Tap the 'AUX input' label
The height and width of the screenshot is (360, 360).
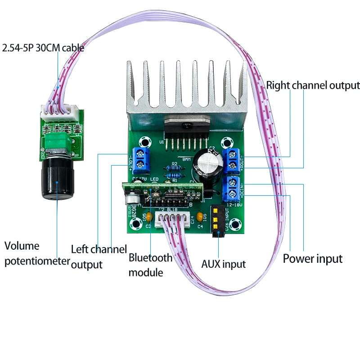pyautogui.click(x=223, y=264)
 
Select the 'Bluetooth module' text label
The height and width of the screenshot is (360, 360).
pyautogui.click(x=150, y=265)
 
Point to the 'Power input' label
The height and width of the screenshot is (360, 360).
pyautogui.click(x=313, y=259)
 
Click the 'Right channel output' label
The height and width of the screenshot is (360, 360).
pyautogui.click(x=313, y=85)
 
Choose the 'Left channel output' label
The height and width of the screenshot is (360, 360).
pyautogui.click(x=99, y=256)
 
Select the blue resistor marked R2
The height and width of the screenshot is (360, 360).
pyautogui.click(x=175, y=169)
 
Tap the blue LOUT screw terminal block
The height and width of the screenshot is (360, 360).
pyautogui.click(x=141, y=159)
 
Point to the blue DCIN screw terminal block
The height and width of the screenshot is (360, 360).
pyautogui.click(x=232, y=189)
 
